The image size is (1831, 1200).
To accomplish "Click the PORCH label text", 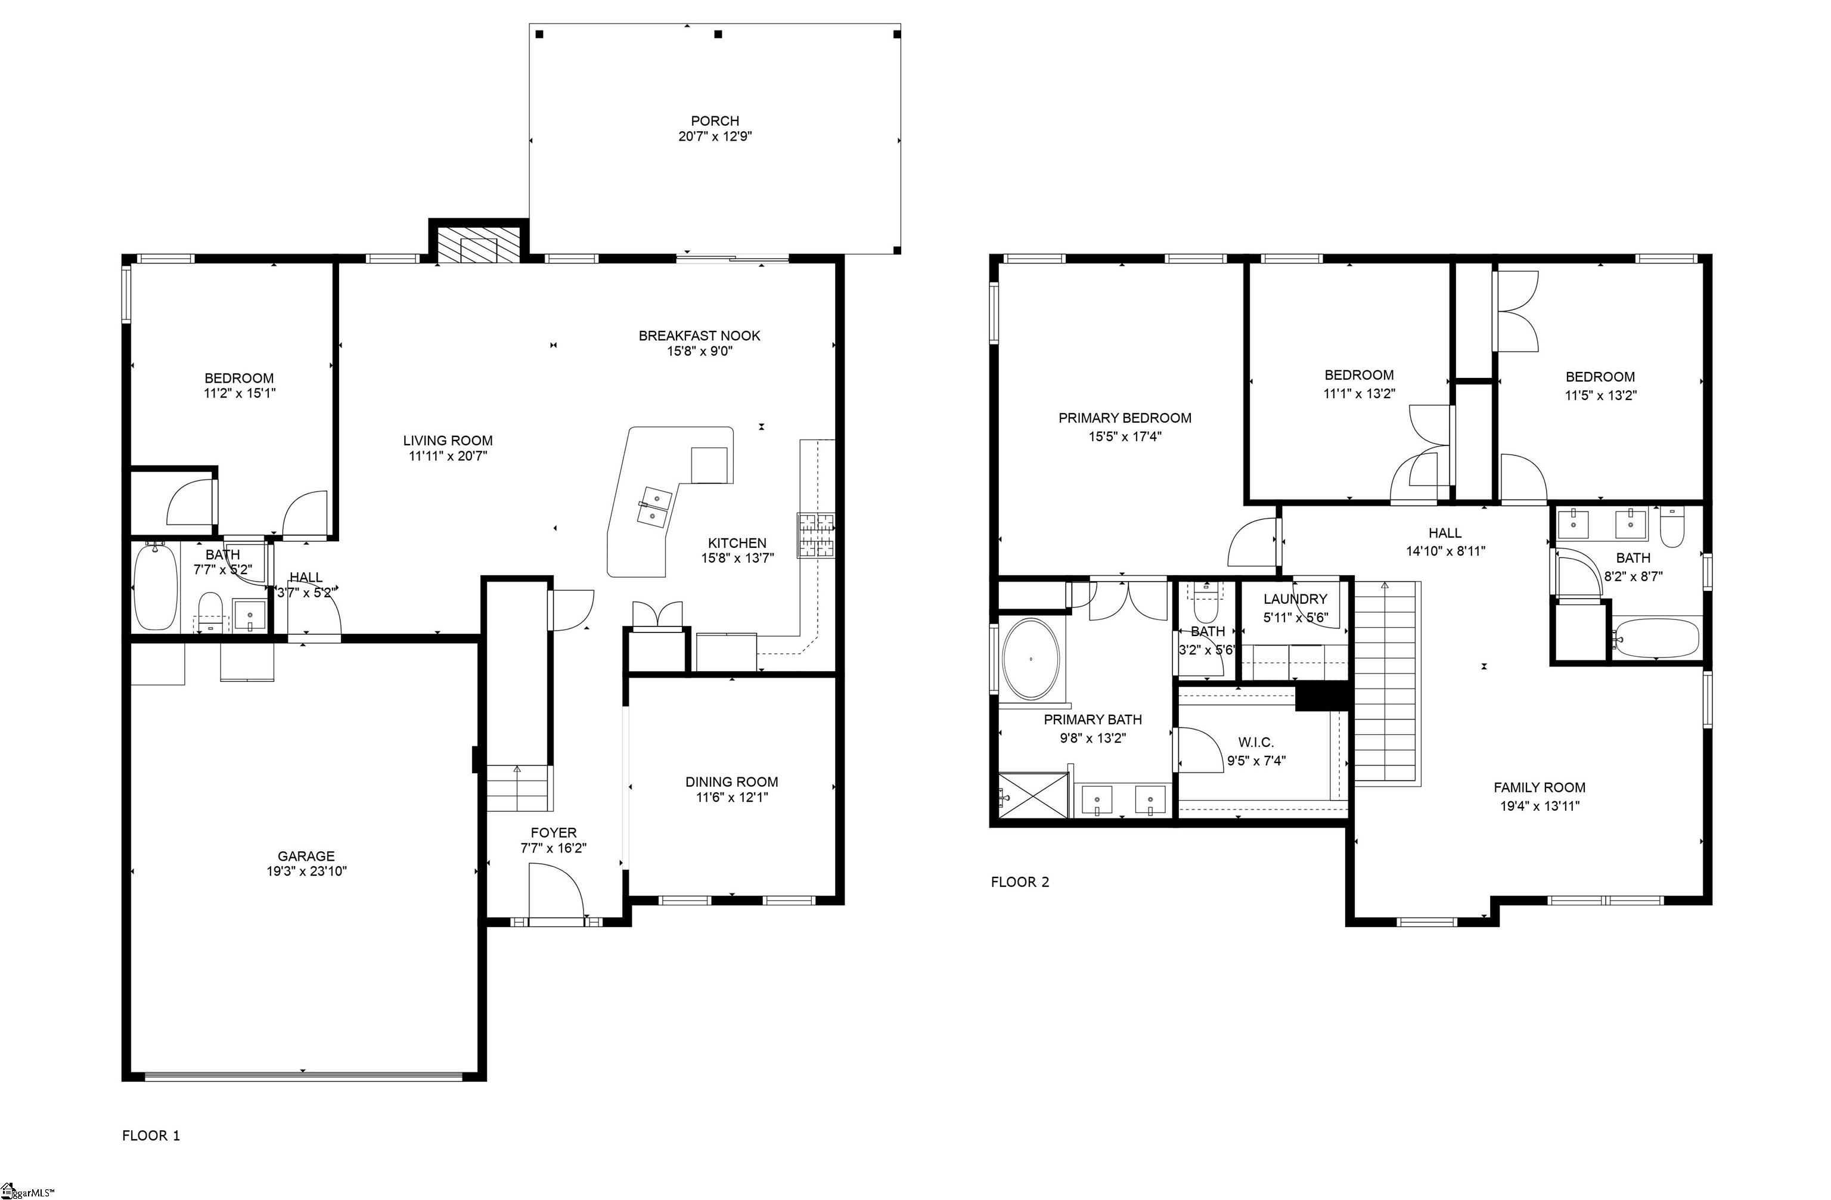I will (x=715, y=121).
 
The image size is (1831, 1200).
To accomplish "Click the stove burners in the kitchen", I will (x=815, y=535).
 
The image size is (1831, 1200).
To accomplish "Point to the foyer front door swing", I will (x=559, y=890).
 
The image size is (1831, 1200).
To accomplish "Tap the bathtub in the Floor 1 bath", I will (x=156, y=586).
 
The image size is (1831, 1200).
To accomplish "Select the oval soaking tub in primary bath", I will (x=1031, y=659).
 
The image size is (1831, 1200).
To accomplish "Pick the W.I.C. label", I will (x=1256, y=742).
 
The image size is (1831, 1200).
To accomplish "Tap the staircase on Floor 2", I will (x=1385, y=684).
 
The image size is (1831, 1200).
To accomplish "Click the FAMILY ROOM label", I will (x=1539, y=787).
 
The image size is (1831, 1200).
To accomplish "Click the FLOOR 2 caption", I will (x=1019, y=882).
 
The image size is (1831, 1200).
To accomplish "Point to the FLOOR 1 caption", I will (x=151, y=1136).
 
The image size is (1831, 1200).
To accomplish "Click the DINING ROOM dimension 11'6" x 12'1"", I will (x=732, y=798).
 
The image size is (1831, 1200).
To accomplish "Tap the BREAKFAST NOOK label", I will (x=699, y=336).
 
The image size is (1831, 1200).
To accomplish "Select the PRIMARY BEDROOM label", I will (x=1124, y=418).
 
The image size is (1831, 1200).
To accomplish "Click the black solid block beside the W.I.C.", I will (x=1323, y=696).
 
